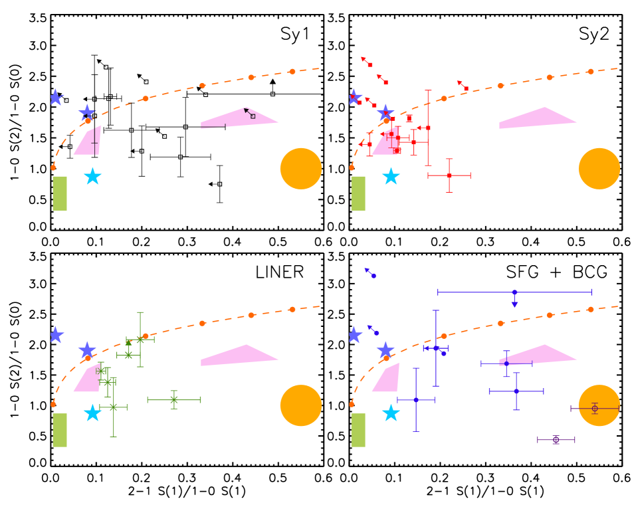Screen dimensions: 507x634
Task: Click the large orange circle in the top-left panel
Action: (300, 169)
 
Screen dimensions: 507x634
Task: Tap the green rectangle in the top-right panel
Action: (358, 193)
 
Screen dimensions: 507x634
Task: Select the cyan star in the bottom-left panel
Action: (92, 413)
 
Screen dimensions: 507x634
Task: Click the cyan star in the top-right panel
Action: (391, 176)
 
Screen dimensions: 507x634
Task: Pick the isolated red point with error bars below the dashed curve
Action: (449, 175)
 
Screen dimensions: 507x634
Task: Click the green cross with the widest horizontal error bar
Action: (174, 399)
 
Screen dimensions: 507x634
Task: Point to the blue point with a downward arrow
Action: (514, 292)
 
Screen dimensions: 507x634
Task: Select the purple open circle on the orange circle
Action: (595, 409)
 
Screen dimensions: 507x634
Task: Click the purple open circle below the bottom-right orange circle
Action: (556, 440)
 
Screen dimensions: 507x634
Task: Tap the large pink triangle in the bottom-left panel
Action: (239, 355)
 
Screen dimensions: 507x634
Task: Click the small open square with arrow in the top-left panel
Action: (253, 116)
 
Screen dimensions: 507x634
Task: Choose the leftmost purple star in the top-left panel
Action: (56, 98)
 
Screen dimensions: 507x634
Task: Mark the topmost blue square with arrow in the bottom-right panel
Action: (373, 276)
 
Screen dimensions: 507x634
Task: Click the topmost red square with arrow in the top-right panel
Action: (370, 64)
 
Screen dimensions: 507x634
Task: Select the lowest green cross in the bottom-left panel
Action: (114, 407)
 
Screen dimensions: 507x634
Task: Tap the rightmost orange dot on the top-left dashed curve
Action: (292, 71)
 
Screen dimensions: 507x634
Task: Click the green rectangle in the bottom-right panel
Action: (358, 430)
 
